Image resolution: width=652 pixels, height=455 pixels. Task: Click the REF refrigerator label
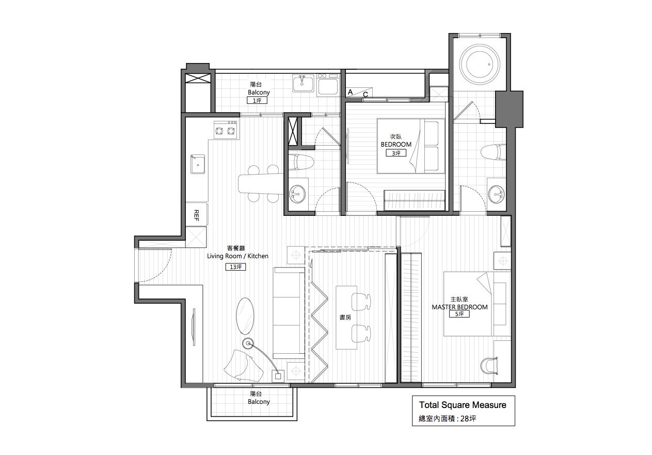pos(197,215)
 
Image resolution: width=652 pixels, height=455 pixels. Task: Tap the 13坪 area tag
pos(236,267)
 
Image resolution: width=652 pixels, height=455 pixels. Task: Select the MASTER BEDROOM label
pos(459,307)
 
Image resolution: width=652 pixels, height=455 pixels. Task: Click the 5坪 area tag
pos(459,314)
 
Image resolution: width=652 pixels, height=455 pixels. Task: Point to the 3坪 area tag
pos(396,153)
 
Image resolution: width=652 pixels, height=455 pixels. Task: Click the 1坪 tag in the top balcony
pos(257,100)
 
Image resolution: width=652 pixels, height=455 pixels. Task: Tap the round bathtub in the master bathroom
pos(480,65)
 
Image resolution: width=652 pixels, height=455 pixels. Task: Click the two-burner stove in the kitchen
pos(225,130)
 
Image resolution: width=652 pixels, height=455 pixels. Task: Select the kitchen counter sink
pos(198,164)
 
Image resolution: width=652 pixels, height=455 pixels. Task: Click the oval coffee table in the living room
pos(245,316)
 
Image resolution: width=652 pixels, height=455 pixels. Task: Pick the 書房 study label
pos(345,317)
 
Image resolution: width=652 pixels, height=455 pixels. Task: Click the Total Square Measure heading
pos(463,405)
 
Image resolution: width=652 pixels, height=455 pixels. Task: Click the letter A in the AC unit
pos(351,92)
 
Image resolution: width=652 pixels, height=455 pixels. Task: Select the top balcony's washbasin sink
pos(303,83)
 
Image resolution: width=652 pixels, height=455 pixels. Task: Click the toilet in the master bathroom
pos(494,152)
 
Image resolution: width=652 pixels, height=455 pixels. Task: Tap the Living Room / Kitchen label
pos(237,256)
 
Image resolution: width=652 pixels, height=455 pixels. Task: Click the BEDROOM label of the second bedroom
pos(396,145)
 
